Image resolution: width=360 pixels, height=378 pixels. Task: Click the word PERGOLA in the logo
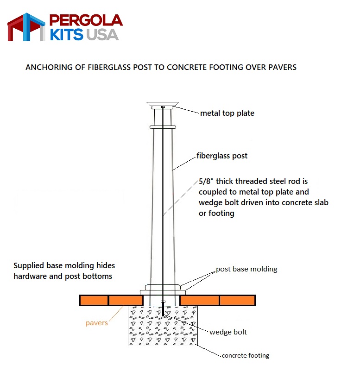[86, 20]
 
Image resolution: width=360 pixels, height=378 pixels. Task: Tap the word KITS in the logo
[67, 34]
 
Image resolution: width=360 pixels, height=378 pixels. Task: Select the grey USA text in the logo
[102, 34]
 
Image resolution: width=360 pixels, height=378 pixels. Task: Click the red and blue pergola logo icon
[26, 27]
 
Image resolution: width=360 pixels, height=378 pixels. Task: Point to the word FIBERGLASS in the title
[109, 67]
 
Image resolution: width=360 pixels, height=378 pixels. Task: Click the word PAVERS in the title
[282, 67]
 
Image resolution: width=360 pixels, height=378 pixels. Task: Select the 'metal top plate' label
[227, 113]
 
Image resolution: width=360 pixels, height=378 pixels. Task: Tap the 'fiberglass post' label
[222, 156]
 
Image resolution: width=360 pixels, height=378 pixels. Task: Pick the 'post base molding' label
[246, 269]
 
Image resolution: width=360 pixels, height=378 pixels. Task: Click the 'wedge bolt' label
[228, 332]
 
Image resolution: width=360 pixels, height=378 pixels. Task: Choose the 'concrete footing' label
[246, 356]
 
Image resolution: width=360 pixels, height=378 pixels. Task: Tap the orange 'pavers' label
[97, 323]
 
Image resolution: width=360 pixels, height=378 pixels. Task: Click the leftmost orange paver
[94, 300]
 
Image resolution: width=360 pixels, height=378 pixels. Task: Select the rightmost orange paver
[237, 300]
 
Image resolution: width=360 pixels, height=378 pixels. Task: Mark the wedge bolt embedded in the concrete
[163, 309]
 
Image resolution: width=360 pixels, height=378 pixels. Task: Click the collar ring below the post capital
[163, 127]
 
